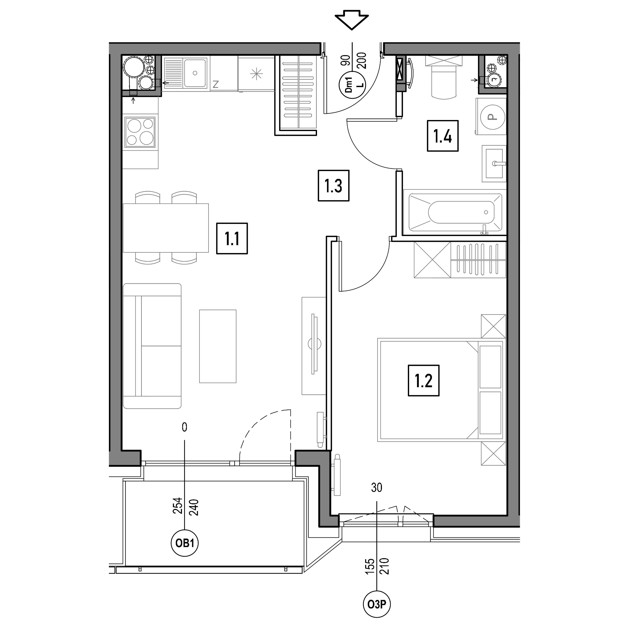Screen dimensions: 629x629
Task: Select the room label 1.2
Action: tap(423, 380)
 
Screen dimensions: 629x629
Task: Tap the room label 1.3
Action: tap(334, 186)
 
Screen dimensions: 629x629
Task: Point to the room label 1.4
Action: tap(443, 136)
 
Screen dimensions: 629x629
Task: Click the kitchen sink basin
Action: tap(195, 73)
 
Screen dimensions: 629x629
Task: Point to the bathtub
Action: tap(455, 213)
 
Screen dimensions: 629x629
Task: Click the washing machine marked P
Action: tap(492, 116)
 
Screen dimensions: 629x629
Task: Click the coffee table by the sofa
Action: tap(218, 346)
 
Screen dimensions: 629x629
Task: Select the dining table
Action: tap(166, 228)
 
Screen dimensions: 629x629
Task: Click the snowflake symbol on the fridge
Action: tap(256, 74)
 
